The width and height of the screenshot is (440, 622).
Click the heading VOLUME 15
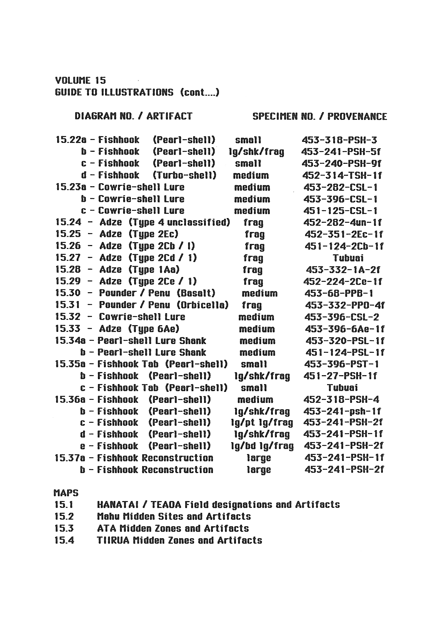(81, 80)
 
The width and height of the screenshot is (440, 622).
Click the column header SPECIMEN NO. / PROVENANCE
(319, 116)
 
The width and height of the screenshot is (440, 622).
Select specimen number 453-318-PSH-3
(339, 140)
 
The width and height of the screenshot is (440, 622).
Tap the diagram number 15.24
(68, 222)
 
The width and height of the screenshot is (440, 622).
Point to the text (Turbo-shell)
(185, 175)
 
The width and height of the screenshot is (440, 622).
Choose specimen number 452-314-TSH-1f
(342, 175)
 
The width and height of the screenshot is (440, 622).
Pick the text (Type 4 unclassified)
(179, 222)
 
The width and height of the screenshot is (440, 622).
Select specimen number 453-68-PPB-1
(339, 293)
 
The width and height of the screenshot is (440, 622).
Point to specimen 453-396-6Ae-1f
(345, 329)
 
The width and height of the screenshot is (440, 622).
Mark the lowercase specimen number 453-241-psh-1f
(342, 411)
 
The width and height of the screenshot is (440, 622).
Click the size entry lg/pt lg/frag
(262, 423)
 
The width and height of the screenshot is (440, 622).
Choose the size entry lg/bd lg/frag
(262, 446)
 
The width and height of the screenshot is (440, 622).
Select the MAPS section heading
(66, 493)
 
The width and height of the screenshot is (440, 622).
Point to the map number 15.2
(64, 516)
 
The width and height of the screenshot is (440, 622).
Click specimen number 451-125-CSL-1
(340, 211)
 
